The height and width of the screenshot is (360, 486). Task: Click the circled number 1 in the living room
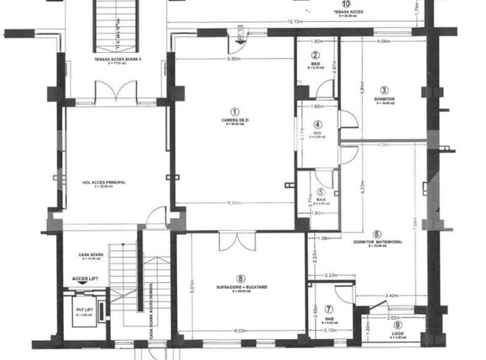[235, 111]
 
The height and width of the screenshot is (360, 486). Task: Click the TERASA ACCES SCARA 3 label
[117, 60]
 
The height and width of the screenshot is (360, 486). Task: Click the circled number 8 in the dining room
[241, 279]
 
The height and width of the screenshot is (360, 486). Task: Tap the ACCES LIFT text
[85, 276]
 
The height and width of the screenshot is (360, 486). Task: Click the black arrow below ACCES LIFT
[85, 284]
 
